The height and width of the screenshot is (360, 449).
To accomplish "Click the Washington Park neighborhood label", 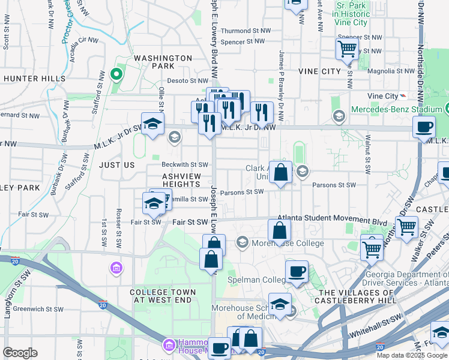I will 163,58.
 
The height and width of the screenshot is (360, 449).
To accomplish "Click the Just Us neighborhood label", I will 116,164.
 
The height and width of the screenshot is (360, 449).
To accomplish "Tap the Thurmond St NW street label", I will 244,31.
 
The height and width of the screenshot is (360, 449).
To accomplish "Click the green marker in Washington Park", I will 116,75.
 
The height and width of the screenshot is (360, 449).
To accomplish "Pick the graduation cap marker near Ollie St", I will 152,124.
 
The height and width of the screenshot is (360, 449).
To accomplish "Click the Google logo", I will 20,353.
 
